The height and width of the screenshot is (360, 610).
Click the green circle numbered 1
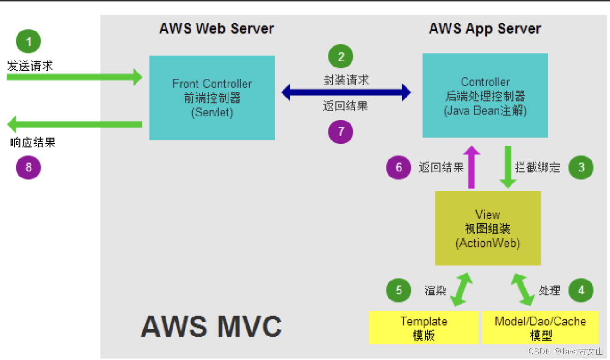coord(29,42)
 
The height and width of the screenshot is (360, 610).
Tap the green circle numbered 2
coord(341,56)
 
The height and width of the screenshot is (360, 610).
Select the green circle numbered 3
coord(581,167)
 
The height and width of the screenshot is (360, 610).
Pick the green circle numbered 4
coord(581,290)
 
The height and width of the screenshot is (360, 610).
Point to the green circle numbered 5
coord(399,290)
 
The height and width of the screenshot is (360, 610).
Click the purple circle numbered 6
coord(399,167)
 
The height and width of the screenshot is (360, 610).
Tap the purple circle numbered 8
coord(29,167)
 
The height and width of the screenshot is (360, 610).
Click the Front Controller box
coord(212,98)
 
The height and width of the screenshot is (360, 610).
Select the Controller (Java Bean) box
coord(485,96)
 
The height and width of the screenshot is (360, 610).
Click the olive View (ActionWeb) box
coord(487,228)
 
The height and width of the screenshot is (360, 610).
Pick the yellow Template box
coord(424,328)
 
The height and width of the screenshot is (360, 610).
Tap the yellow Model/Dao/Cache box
coord(540,328)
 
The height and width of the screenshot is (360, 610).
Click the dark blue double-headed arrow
coord(346,92)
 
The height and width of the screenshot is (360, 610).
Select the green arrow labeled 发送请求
coord(74,77)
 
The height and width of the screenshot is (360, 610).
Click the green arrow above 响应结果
coord(74,124)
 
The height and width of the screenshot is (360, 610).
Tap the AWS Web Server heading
coord(216,29)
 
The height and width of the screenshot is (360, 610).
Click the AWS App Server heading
coord(485,29)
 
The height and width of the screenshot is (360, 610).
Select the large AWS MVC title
coord(211,326)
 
